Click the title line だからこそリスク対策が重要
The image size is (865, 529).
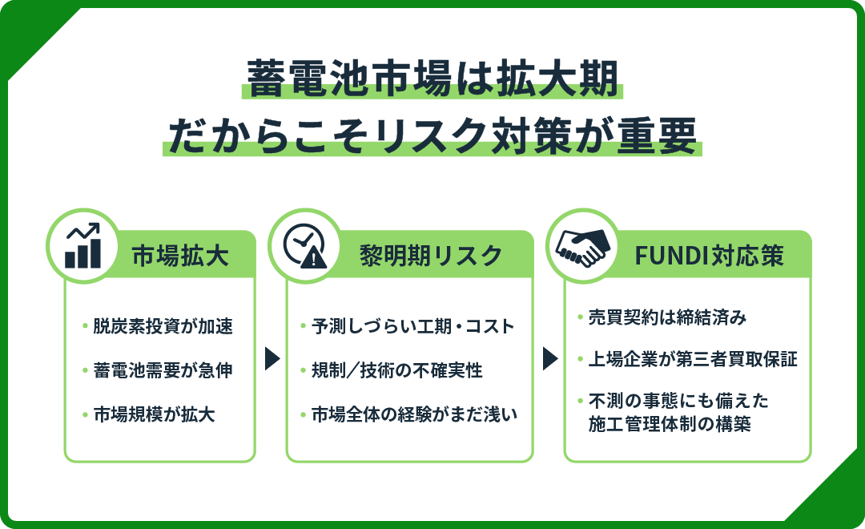(432, 135)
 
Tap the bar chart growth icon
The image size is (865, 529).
(83, 247)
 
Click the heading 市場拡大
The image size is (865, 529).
(180, 256)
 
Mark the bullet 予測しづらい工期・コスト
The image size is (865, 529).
(412, 326)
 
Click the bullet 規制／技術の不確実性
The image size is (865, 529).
(396, 370)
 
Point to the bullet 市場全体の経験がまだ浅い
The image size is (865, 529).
(414, 414)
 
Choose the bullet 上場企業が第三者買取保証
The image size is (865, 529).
(693, 359)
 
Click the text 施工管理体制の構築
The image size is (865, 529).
(670, 425)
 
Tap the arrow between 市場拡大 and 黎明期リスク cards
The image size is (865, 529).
(272, 358)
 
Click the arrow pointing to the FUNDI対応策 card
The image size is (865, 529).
(549, 358)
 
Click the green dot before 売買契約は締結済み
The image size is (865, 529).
(580, 317)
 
